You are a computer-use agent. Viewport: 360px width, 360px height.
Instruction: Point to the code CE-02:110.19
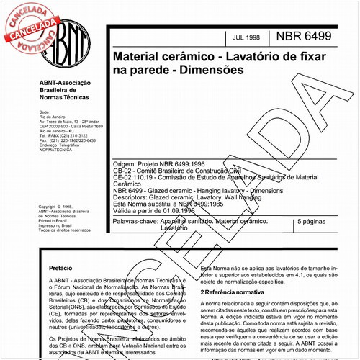pos(133,177)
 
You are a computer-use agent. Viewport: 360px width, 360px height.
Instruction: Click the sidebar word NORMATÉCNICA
pos(59,156)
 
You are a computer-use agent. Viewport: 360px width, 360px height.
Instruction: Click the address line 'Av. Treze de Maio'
pos(67,122)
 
